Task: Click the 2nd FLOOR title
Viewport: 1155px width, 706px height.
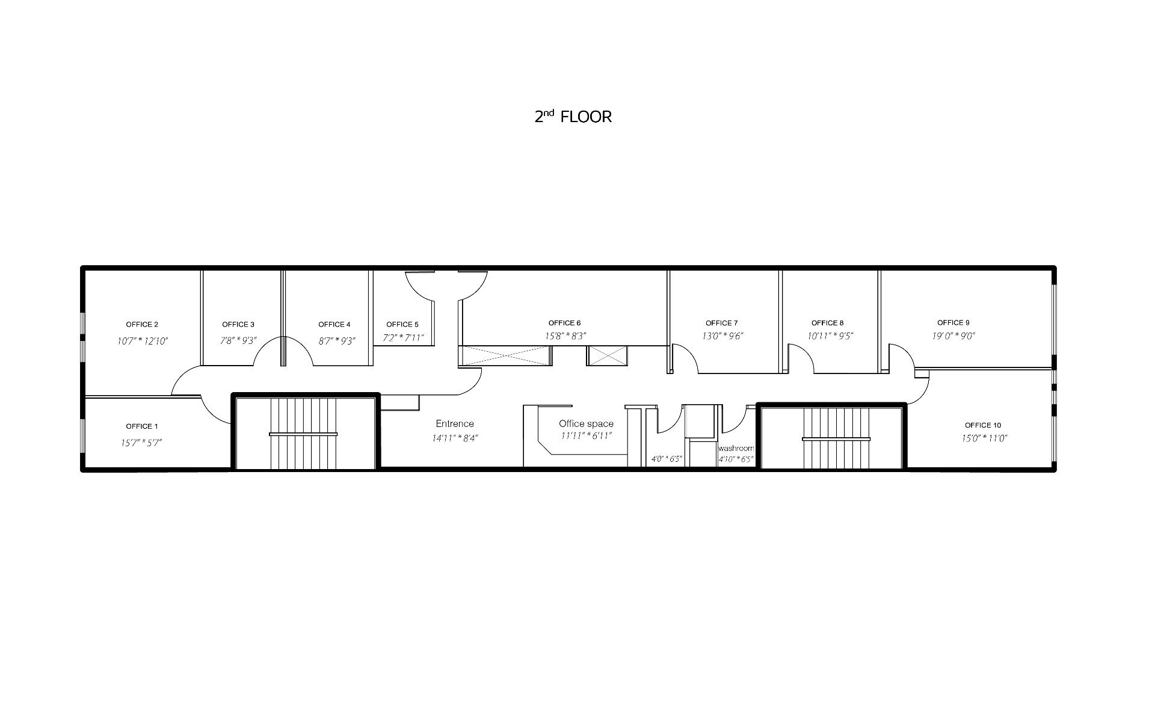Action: [x=573, y=116]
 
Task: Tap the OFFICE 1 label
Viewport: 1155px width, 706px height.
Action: [x=142, y=426]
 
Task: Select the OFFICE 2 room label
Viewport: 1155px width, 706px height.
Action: [x=142, y=325]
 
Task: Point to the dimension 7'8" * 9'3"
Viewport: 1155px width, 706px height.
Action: [x=238, y=340]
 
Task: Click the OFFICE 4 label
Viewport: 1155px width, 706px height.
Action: [x=334, y=325]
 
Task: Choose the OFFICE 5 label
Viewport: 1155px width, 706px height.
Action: [x=402, y=325]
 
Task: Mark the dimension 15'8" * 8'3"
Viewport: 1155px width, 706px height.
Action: [x=565, y=336]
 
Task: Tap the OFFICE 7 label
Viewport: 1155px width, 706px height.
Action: [x=722, y=324]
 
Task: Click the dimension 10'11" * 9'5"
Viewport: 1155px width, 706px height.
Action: [x=831, y=336]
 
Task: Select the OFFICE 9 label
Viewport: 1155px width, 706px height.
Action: [x=953, y=323]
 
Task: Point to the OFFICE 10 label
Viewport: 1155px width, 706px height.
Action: [x=983, y=426]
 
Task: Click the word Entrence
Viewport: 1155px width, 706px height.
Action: [x=455, y=424]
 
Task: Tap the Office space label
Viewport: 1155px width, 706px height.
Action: [x=586, y=424]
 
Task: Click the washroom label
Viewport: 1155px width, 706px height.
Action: [x=736, y=449]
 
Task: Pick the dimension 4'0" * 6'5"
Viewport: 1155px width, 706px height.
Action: [x=667, y=459]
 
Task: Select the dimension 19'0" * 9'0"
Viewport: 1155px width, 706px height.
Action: [x=953, y=336]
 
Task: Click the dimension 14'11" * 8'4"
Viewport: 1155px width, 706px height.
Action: [x=455, y=438]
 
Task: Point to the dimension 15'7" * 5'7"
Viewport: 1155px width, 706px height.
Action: [x=141, y=443]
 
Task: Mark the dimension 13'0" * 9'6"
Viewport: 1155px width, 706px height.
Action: [x=722, y=336]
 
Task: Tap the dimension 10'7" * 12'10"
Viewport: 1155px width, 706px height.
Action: [x=143, y=341]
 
